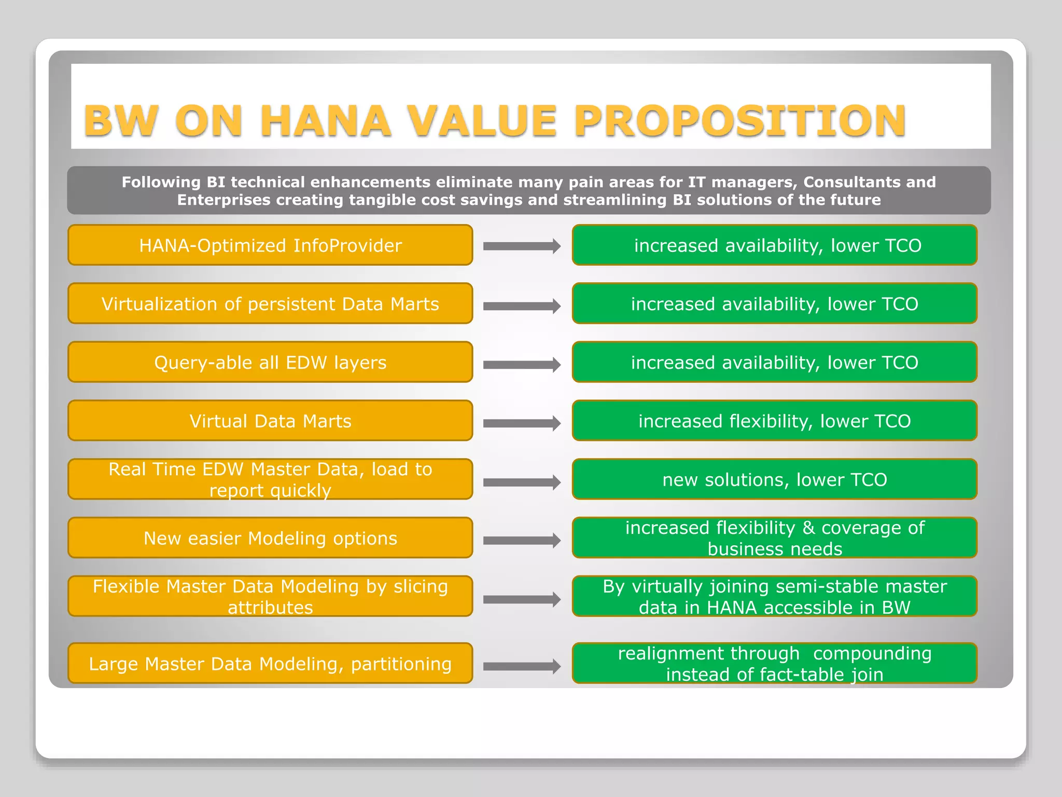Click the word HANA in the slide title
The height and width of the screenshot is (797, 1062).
(x=325, y=121)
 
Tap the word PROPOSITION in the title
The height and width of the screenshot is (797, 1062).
(x=740, y=121)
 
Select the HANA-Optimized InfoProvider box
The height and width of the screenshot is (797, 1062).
(x=270, y=245)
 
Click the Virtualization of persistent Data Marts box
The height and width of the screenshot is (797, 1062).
(x=270, y=304)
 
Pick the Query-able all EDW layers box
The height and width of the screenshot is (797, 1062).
(x=270, y=363)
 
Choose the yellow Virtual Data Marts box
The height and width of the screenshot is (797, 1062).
(x=270, y=421)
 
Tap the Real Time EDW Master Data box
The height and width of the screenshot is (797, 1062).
(x=270, y=479)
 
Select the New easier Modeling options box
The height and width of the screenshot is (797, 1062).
(x=270, y=538)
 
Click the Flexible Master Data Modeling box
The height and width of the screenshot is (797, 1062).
(x=270, y=597)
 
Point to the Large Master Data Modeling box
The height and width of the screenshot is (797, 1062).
(x=270, y=664)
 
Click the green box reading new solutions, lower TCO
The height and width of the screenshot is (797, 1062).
(x=775, y=479)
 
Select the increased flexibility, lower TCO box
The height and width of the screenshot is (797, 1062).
(x=775, y=421)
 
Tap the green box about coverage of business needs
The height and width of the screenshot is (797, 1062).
(x=775, y=538)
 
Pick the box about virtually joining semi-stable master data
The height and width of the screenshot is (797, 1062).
(x=775, y=597)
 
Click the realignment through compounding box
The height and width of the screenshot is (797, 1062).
(x=775, y=664)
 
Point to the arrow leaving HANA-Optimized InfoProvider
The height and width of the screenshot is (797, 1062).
(x=522, y=246)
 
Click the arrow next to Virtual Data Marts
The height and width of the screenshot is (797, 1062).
(x=522, y=423)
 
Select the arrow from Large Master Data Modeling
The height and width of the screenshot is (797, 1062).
(x=522, y=666)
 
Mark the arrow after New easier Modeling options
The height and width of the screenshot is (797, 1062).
(x=522, y=541)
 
